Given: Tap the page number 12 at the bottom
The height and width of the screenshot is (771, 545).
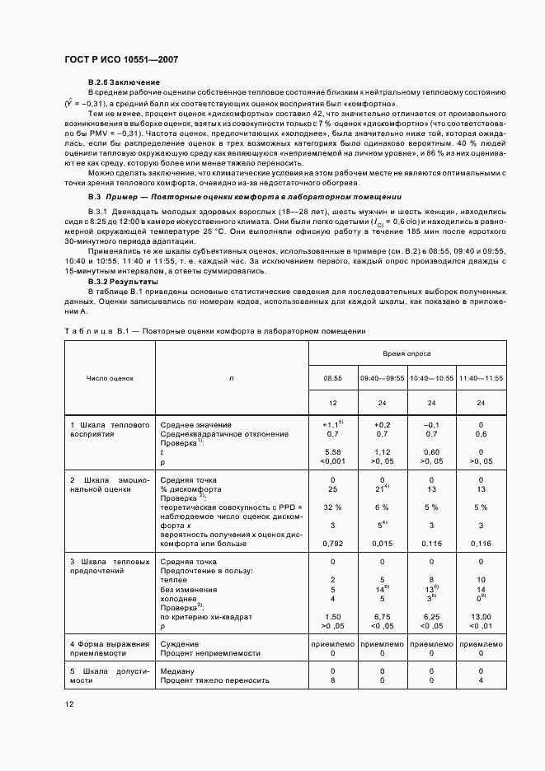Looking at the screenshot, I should click(x=72, y=703).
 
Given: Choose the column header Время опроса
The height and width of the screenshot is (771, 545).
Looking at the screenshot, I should click(x=406, y=353).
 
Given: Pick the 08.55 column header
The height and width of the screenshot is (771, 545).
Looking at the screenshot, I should click(x=333, y=379).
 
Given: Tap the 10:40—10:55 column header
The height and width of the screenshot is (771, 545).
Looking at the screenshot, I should click(x=432, y=379).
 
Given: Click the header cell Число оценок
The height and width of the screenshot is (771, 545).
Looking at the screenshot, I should click(x=110, y=379).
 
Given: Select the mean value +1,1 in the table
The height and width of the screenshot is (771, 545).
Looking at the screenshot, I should click(x=333, y=425).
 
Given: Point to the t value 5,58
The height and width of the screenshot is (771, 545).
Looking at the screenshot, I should click(x=333, y=452).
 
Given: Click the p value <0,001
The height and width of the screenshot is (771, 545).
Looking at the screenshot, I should click(x=333, y=461).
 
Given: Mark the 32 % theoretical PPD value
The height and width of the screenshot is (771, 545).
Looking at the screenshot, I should click(x=333, y=507).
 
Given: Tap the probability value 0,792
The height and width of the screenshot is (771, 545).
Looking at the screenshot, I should click(x=333, y=544).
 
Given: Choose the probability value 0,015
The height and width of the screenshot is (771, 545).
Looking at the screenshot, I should click(x=383, y=544).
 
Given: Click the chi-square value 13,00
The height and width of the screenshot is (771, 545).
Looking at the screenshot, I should click(x=482, y=617).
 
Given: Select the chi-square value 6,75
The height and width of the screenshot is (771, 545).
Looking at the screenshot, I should click(x=383, y=617).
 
